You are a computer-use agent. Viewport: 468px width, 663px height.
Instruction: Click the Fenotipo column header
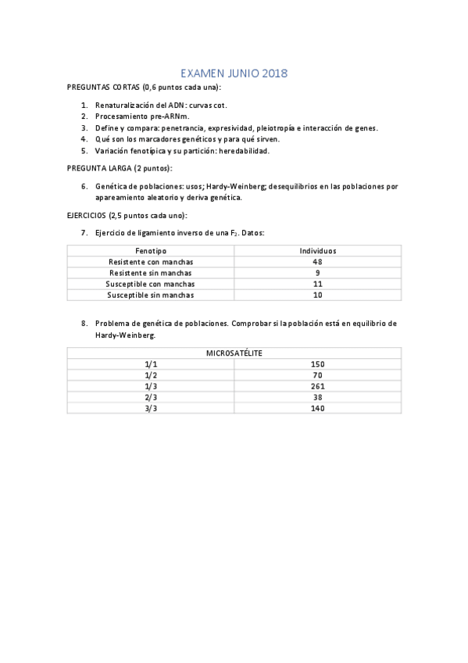click(150, 250)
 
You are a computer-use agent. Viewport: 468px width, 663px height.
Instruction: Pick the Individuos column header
click(317, 250)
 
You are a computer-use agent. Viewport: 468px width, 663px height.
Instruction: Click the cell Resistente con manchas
click(150, 262)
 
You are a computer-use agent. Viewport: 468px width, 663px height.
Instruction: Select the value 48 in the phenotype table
click(317, 262)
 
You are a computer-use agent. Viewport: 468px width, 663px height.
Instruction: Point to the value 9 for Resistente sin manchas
click(317, 273)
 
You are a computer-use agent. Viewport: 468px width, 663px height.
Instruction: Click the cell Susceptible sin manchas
click(150, 296)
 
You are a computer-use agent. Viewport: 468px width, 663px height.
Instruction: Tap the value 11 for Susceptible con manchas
click(317, 285)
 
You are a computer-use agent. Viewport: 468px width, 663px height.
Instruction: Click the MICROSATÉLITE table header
click(234, 353)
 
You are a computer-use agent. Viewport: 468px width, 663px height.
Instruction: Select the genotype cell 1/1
click(151, 364)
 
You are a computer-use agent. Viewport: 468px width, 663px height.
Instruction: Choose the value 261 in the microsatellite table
click(317, 386)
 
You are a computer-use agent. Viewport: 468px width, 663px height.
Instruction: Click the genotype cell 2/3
click(151, 397)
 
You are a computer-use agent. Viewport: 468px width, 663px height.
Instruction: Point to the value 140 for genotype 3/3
click(317, 408)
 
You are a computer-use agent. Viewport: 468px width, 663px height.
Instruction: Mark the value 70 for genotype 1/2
click(317, 375)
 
